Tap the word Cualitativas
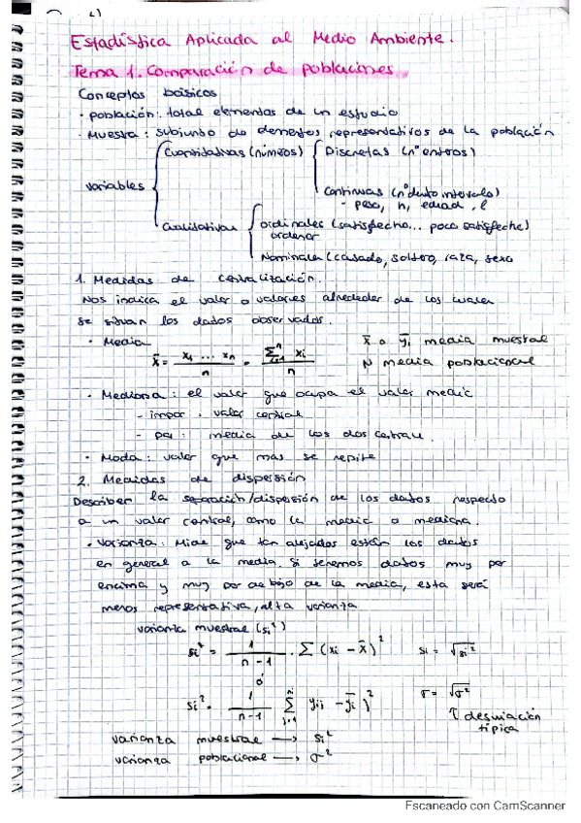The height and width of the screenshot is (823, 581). (x=201, y=225)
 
